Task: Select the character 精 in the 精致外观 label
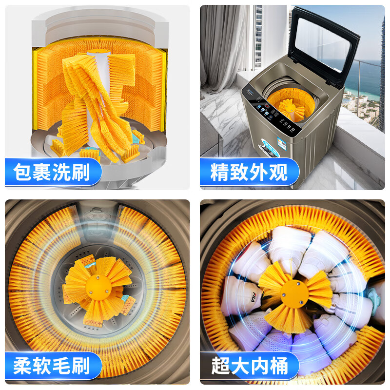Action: (220, 172)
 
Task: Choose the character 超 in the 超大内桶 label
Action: (220, 366)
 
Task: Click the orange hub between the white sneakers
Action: (294, 293)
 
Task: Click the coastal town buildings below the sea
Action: (361, 105)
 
